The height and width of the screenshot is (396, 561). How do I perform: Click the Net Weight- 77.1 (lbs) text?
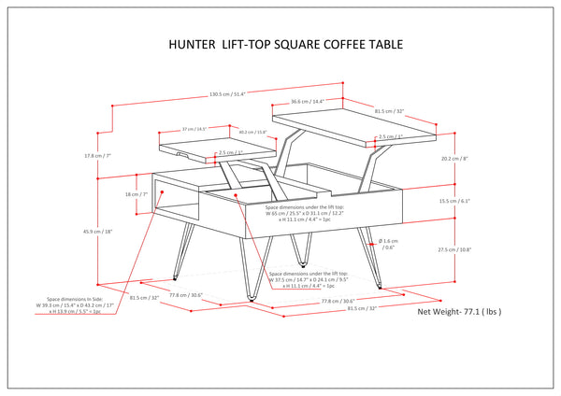click(x=459, y=312)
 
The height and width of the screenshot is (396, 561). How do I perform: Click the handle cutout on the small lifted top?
click(x=180, y=151)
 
